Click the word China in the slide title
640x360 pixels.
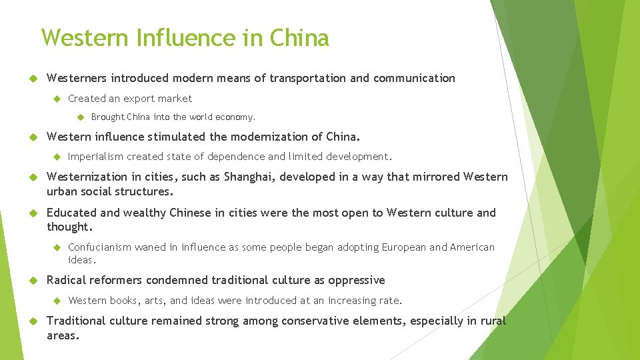(x=299, y=38)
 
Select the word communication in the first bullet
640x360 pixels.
(x=414, y=78)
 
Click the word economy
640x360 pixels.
(x=235, y=117)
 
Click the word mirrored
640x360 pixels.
(x=432, y=177)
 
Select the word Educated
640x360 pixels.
(x=71, y=213)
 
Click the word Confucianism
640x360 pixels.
(x=100, y=247)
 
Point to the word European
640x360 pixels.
(x=404, y=247)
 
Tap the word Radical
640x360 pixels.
(x=66, y=280)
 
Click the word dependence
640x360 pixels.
(x=237, y=157)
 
